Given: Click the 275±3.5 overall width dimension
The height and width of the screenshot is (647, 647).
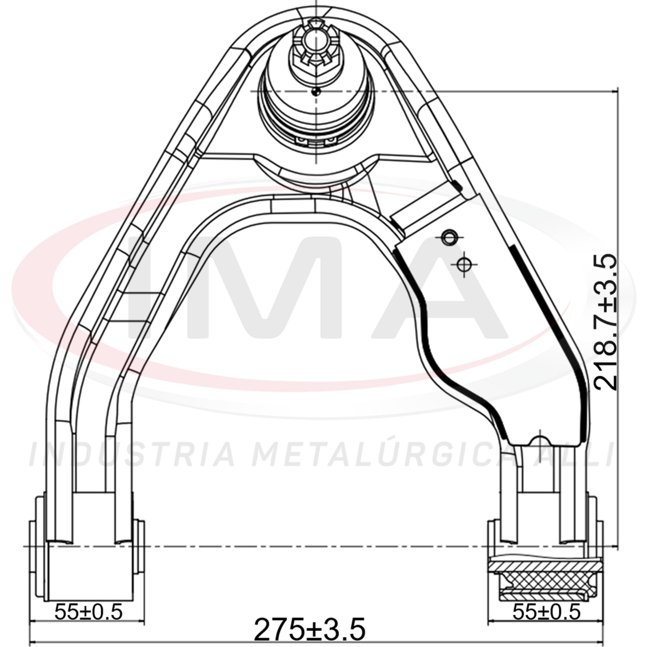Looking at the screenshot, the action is click(309, 629).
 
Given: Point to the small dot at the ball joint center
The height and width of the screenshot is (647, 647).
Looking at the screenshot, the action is click(315, 92).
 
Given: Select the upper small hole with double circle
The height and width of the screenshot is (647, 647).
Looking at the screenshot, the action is click(449, 238).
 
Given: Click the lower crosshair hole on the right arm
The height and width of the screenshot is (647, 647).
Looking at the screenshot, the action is click(464, 265).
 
